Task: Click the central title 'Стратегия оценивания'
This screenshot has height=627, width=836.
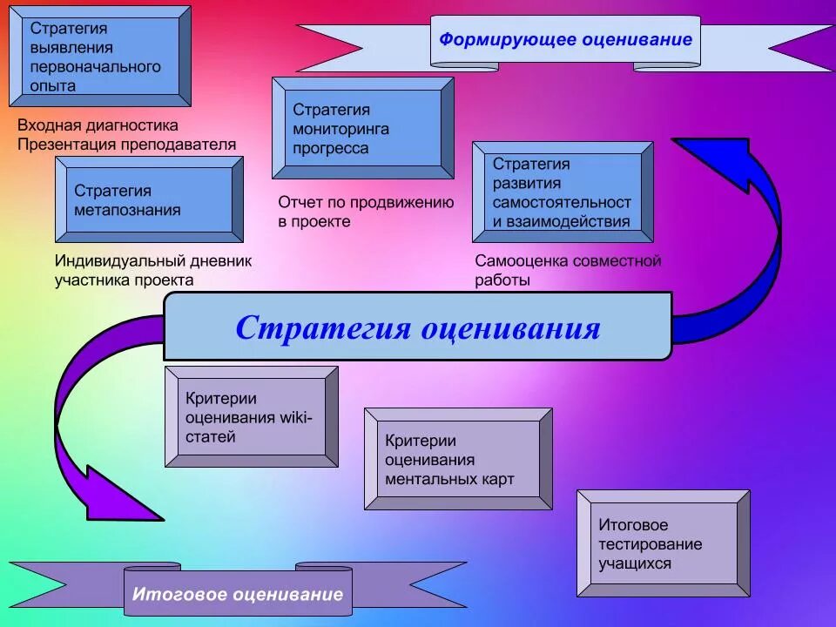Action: click(417, 328)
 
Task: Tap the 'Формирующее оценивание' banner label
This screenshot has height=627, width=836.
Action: click(565, 39)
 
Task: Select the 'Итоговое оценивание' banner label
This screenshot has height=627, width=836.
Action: click(238, 595)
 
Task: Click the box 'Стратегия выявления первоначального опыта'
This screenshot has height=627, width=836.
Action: click(98, 56)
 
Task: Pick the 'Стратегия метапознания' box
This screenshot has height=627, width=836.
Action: click(149, 200)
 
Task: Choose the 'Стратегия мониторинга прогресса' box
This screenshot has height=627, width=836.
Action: click(362, 129)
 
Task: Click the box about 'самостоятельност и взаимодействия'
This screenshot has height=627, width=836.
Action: click(563, 192)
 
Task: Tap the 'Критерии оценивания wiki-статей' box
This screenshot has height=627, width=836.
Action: click(251, 417)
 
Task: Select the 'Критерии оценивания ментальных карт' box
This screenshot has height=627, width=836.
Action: click(458, 460)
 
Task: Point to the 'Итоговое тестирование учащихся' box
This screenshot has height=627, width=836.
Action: click(663, 544)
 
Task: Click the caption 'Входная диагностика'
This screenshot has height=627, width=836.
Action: click(98, 125)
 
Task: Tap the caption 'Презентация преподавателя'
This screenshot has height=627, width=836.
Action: click(127, 144)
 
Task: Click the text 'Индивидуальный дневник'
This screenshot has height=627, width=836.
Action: click(152, 260)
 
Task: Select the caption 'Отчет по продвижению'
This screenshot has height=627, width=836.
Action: click(366, 202)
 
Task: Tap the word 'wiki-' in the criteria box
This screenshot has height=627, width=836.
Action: click(295, 418)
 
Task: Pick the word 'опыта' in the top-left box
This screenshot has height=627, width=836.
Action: click(53, 85)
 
